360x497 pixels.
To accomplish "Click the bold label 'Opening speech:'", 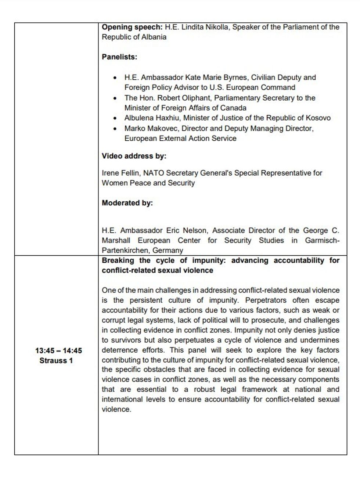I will [x=132, y=27].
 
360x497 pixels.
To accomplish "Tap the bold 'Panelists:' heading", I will [x=119, y=57].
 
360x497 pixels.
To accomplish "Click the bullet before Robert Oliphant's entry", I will [x=115, y=98].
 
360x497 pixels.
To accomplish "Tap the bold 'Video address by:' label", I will [x=134, y=156].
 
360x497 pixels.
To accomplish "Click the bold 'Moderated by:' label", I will [x=127, y=203].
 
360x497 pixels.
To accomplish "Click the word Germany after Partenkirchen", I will [x=168, y=251].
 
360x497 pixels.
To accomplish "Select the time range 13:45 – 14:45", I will [x=58, y=351].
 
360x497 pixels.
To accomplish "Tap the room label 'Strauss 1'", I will [x=56, y=361].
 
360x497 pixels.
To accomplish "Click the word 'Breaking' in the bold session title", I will [x=118, y=261].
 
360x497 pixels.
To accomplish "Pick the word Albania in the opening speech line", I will [x=154, y=37].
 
